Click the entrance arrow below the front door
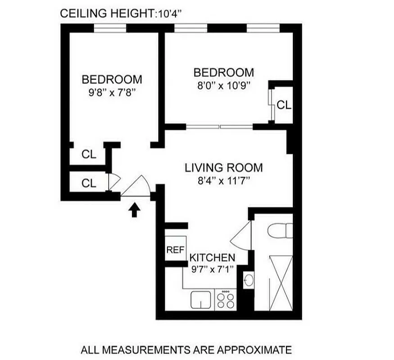coord(134,210)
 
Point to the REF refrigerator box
coord(175,250)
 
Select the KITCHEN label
coord(212,258)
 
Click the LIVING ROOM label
coord(223,168)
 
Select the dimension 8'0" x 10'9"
coord(223,85)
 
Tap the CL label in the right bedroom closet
coord(284,105)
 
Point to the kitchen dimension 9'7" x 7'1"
coord(212,271)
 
